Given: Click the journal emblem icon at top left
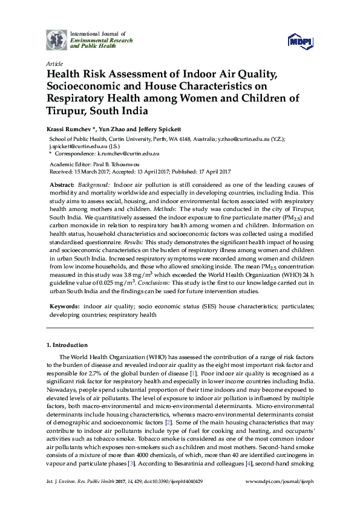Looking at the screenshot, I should (57, 40).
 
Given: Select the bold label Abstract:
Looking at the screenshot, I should (62, 183).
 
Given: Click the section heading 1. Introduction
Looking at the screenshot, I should (67, 345).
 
